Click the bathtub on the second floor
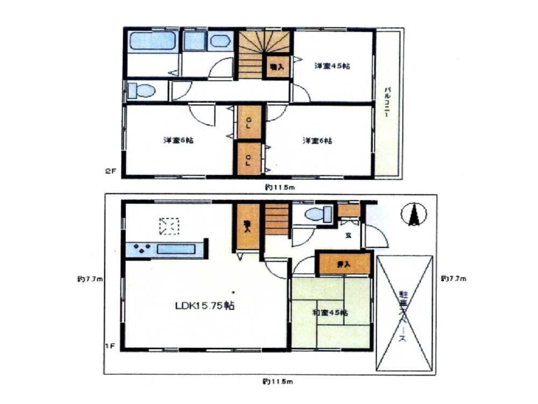click(x=153, y=41)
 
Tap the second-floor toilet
click(x=141, y=90)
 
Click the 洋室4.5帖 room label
click(x=332, y=66)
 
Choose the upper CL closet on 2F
click(x=249, y=121)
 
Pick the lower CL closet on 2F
click(x=249, y=158)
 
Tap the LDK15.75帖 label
click(x=204, y=305)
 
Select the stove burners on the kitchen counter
click(x=143, y=249)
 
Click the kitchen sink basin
click(x=176, y=249)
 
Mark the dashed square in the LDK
click(x=168, y=226)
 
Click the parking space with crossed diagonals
click(x=405, y=313)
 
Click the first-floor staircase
click(x=277, y=218)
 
